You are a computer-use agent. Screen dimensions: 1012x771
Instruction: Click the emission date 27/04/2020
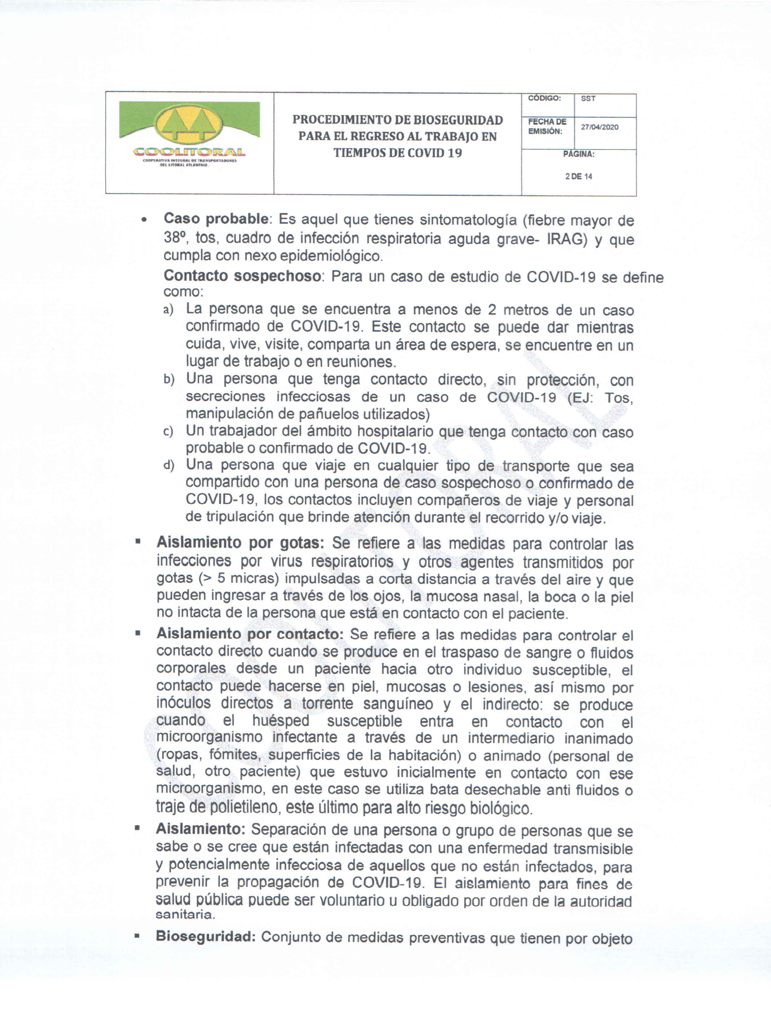[599, 127]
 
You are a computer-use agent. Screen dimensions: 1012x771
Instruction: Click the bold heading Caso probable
[216, 219]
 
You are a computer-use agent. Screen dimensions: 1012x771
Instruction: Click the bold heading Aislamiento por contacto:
[250, 634]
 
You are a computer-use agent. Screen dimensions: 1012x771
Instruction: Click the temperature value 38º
[175, 237]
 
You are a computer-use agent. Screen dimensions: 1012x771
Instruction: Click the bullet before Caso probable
[145, 220]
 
